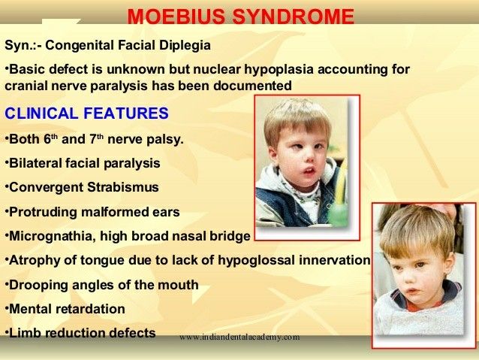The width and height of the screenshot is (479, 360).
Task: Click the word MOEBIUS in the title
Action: [x=169, y=17]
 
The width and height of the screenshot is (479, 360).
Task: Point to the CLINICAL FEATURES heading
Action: [x=87, y=114]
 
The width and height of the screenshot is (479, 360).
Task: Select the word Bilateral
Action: [x=35, y=162]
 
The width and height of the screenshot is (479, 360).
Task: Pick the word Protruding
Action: [x=41, y=212]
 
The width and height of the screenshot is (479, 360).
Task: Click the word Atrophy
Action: [x=30, y=260]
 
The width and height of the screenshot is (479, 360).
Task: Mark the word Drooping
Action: [x=35, y=285]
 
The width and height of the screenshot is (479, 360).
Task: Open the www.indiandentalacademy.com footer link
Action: [x=239, y=337]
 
